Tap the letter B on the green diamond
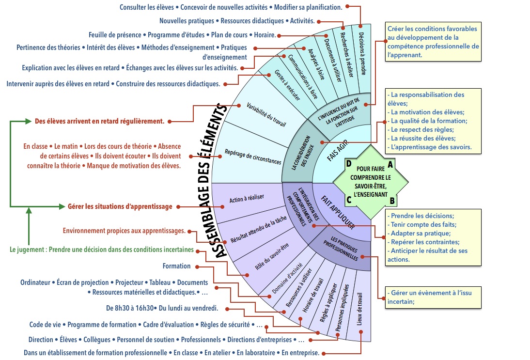(392, 199)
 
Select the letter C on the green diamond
(349, 199)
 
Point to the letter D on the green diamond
(349, 163)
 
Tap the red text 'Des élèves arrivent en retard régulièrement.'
(99, 121)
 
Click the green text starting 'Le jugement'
(102, 250)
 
